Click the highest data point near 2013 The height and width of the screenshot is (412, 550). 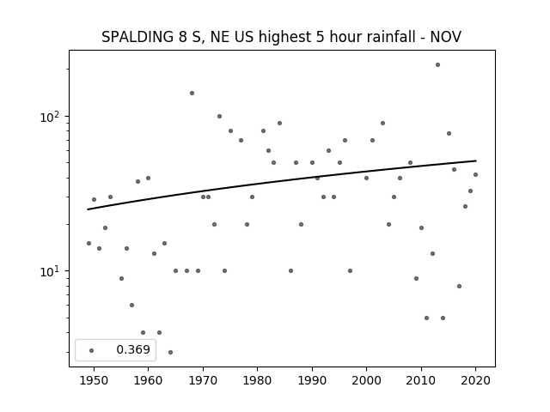(x=437, y=65)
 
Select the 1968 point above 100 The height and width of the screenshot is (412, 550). (x=192, y=94)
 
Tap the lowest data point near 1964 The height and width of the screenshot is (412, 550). (x=170, y=353)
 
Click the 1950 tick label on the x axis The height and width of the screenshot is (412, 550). (x=94, y=380)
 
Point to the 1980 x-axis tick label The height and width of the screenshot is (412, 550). (x=257, y=380)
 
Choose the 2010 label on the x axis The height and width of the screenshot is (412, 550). (x=421, y=380)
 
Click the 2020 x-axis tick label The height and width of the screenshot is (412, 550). (x=475, y=380)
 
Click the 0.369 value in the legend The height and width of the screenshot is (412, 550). (x=133, y=349)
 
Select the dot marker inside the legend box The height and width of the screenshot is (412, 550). (x=92, y=351)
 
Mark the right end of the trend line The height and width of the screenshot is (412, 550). (x=476, y=161)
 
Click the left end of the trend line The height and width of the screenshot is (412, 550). (x=88, y=209)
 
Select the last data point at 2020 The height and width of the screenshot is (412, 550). (x=475, y=175)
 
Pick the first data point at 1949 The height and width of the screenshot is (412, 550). (x=89, y=244)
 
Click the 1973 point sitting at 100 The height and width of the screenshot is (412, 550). (x=219, y=117)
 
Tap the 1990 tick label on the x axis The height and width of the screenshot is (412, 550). (x=312, y=380)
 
